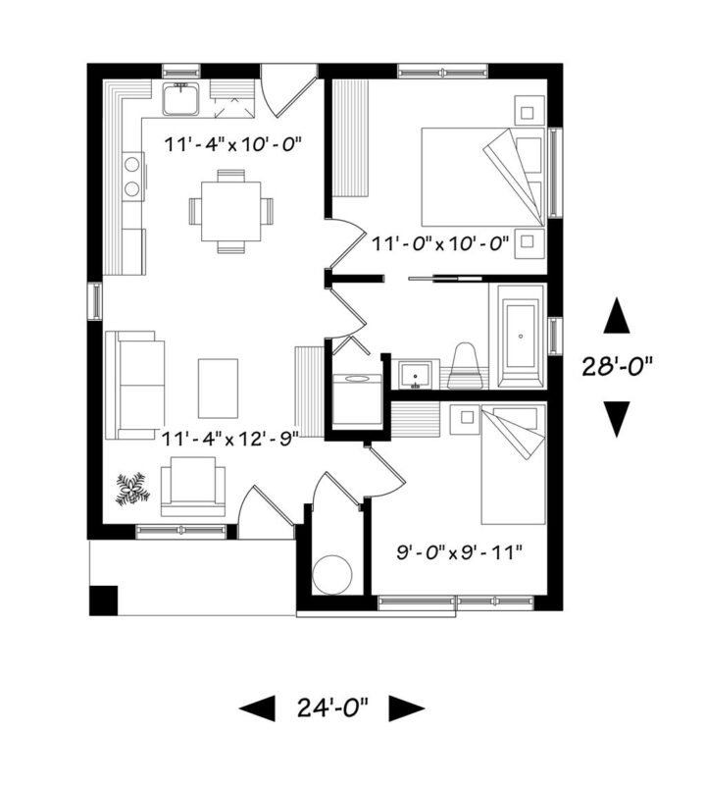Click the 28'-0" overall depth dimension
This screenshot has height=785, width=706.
point(617,366)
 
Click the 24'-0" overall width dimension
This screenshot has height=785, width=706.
point(332,707)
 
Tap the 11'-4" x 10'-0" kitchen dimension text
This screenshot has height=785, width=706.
point(233,144)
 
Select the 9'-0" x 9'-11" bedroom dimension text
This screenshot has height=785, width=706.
point(459,553)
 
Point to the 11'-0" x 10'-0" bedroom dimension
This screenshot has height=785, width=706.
point(440,244)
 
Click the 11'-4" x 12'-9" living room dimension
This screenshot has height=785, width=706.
point(230,439)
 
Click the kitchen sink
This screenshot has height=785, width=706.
point(180,99)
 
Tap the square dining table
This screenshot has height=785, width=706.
point(231,211)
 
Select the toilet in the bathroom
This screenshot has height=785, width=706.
point(466,366)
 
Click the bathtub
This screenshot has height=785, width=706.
point(521,337)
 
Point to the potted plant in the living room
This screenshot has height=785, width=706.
point(132,489)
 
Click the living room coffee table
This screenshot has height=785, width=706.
point(218,388)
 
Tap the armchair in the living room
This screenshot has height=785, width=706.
point(192,486)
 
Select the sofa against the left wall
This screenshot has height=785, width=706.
point(134,385)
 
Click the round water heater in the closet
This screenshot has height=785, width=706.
point(331,574)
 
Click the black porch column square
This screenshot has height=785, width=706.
point(104,601)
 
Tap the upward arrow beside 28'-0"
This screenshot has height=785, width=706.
point(617,315)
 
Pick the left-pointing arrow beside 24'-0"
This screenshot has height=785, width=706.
point(257,708)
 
